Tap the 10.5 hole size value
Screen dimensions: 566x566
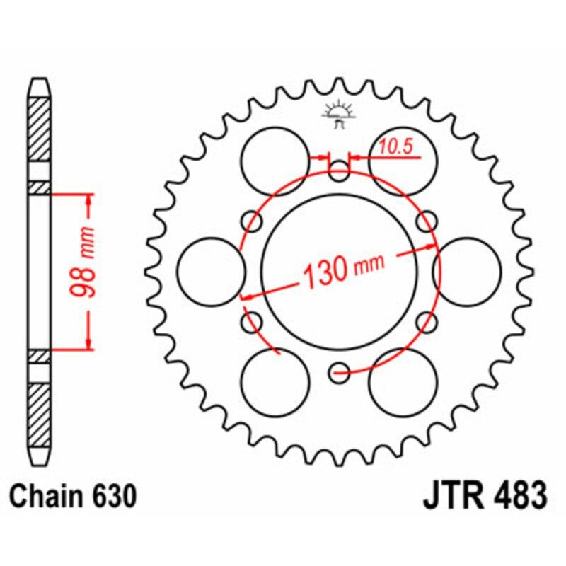click(x=395, y=147)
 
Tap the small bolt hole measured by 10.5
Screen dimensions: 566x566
click(x=340, y=168)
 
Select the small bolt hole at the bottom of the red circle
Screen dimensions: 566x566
click(x=340, y=369)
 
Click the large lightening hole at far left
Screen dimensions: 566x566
click(x=210, y=272)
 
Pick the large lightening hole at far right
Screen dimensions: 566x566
click(x=468, y=272)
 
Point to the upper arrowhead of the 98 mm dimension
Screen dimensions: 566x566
click(x=88, y=197)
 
